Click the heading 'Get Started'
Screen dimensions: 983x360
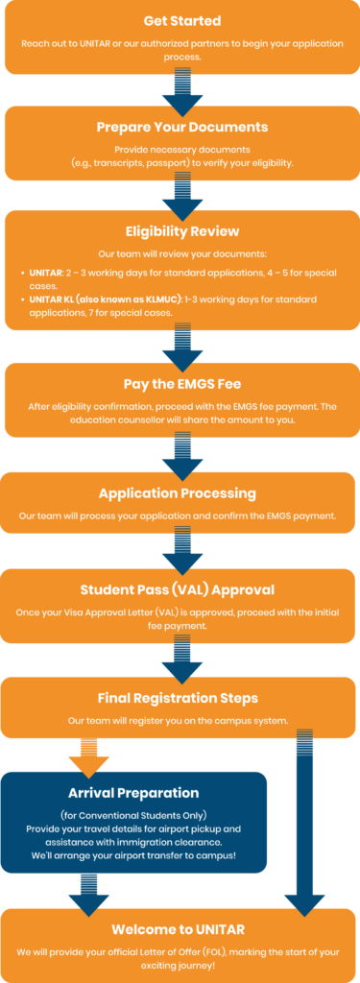tap(181, 20)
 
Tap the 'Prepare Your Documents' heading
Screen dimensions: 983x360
tap(181, 127)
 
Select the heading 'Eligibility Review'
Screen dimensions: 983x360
tap(181, 231)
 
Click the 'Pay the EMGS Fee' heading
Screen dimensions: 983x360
tap(181, 384)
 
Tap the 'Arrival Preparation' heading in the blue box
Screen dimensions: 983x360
tap(134, 793)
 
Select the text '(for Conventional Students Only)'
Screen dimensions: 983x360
tap(134, 815)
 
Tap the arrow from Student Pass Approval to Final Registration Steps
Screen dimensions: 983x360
tap(181, 658)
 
